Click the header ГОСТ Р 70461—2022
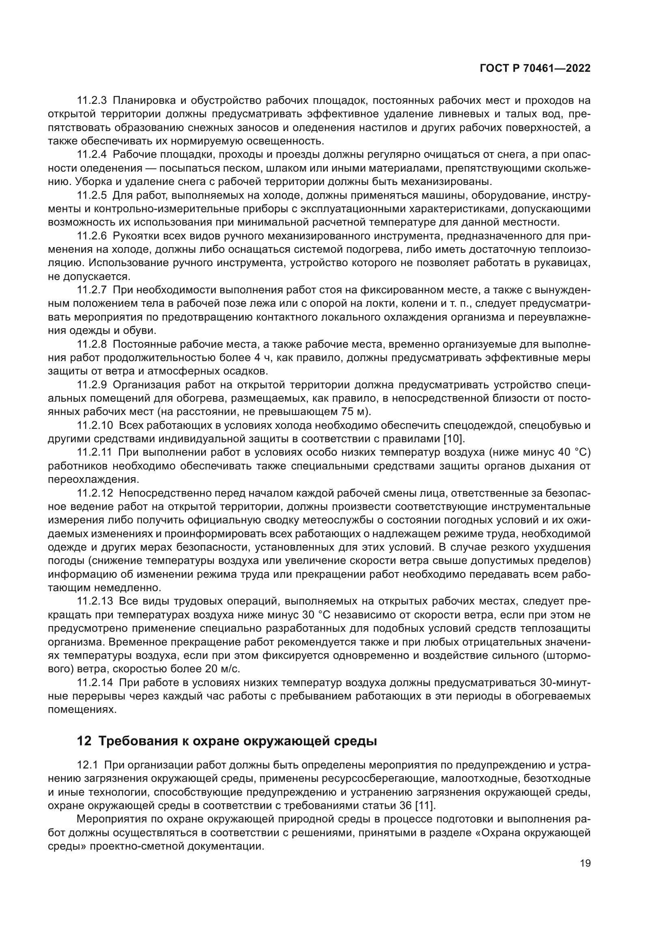[x=535, y=69]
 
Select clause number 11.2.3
[x=92, y=101]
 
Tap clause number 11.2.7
[x=92, y=290]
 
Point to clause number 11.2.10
[x=95, y=425]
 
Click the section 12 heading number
[x=84, y=741]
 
